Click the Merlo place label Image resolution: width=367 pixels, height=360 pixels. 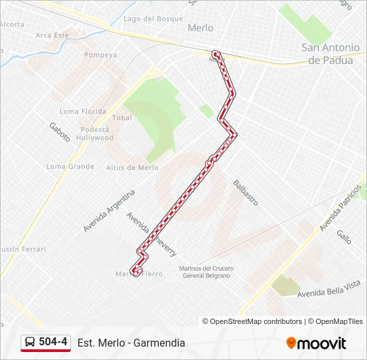[x=200, y=28]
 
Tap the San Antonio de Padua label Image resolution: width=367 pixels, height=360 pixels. [x=334, y=53]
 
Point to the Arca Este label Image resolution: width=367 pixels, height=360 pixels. [x=52, y=35]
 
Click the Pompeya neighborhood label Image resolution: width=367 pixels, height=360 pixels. [x=101, y=55]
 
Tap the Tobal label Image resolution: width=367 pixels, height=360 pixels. [x=122, y=117]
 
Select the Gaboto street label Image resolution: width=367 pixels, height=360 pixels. [x=59, y=132]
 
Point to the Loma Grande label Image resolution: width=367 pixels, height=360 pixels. [x=71, y=166]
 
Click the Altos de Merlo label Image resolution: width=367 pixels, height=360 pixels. [x=132, y=168]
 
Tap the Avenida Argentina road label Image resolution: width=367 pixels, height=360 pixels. [x=109, y=211]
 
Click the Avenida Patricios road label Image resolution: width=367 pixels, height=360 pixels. [x=343, y=207]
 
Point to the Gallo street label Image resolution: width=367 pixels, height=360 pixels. [x=344, y=237]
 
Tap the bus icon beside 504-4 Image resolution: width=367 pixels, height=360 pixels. [x=30, y=342]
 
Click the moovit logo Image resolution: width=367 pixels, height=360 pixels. [x=316, y=343]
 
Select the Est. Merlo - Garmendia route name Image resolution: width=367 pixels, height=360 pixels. [x=131, y=343]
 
